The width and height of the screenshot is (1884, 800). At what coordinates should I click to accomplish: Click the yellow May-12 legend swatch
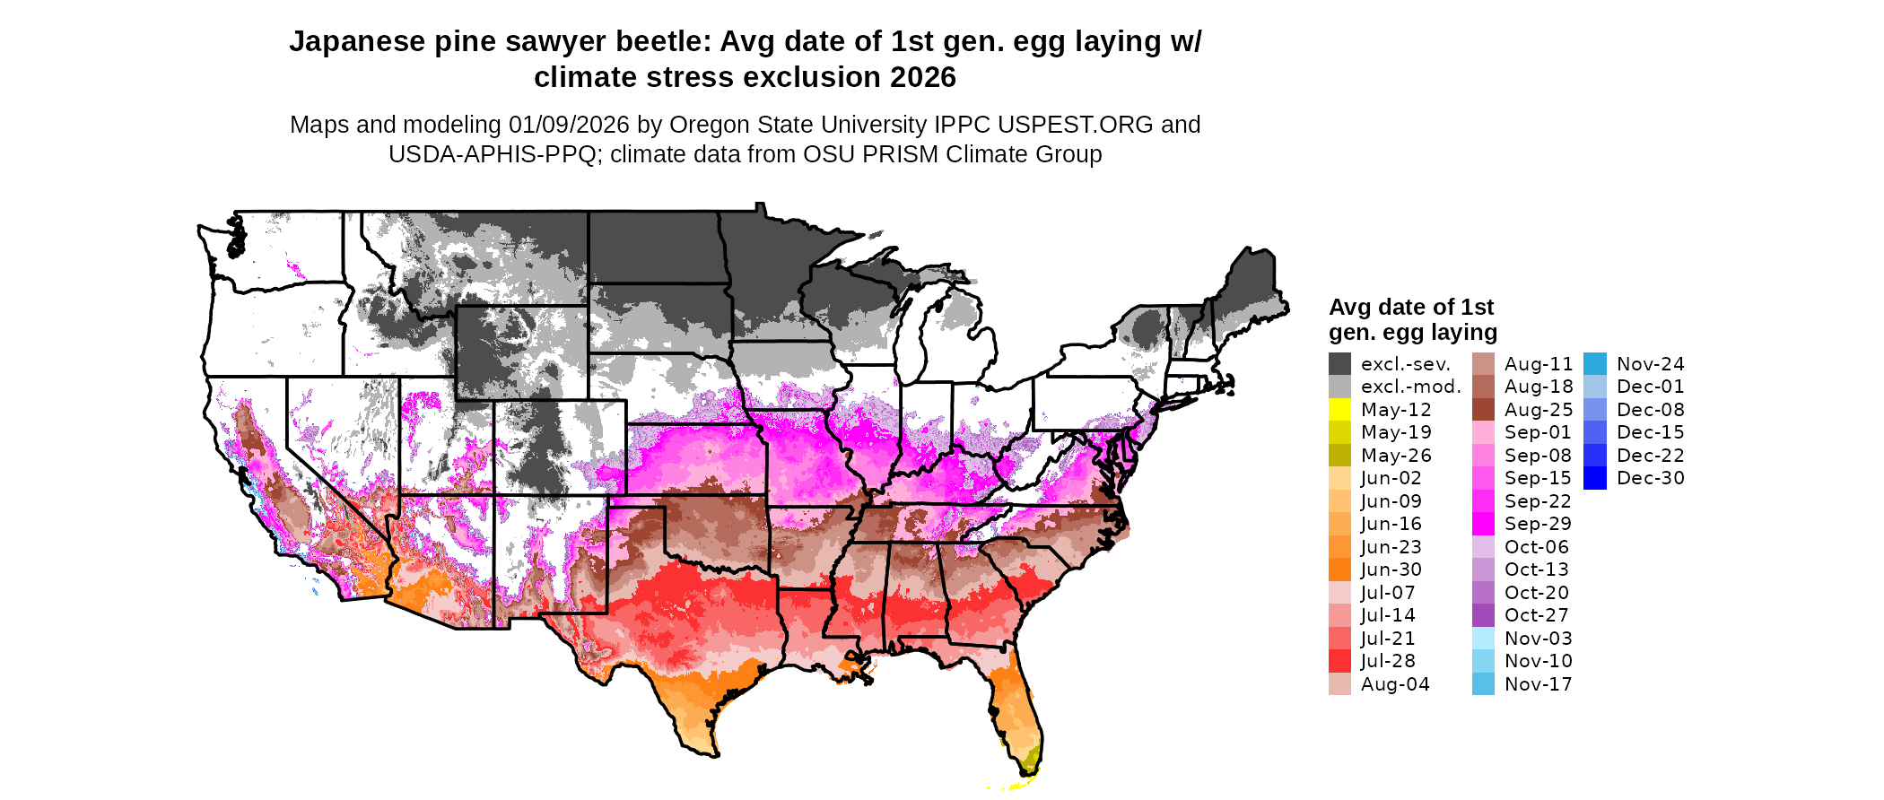click(x=1339, y=410)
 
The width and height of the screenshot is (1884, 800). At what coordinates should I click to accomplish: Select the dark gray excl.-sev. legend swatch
click(x=1339, y=364)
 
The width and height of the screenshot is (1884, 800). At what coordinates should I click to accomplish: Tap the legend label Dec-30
click(x=1650, y=478)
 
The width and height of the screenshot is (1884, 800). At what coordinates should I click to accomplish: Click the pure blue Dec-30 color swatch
click(x=1595, y=478)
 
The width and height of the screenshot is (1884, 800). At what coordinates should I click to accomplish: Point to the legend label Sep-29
click(x=1538, y=524)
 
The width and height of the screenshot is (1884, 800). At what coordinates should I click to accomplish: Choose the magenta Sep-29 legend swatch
click(x=1483, y=524)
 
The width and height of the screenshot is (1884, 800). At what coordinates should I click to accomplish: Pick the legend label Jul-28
click(x=1388, y=661)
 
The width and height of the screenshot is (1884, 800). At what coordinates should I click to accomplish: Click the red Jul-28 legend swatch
click(x=1339, y=661)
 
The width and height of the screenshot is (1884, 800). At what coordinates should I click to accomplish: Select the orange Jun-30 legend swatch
click(x=1339, y=570)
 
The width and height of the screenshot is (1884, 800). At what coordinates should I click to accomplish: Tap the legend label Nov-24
click(x=1650, y=364)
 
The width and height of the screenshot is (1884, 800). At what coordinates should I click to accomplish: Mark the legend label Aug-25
click(x=1538, y=410)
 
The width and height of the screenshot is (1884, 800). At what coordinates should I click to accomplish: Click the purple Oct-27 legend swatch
click(x=1483, y=615)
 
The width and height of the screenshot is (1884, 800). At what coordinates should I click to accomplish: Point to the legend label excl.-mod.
click(x=1410, y=387)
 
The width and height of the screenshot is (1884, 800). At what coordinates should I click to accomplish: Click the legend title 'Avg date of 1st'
click(x=1410, y=308)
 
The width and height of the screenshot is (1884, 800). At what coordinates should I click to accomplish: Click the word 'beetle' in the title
click(x=662, y=42)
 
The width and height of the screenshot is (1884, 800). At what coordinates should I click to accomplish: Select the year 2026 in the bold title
click(x=923, y=78)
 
